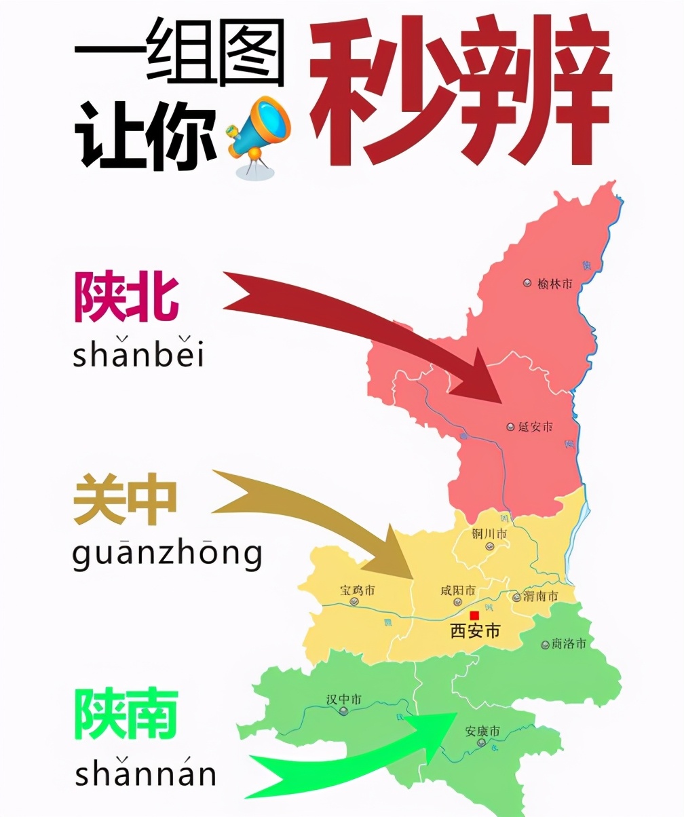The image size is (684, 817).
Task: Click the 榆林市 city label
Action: pyautogui.click(x=554, y=284)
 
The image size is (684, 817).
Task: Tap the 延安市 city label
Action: pyautogui.click(x=535, y=427)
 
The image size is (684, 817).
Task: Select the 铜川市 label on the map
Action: pyautogui.click(x=489, y=534)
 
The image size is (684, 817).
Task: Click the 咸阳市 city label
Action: pyautogui.click(x=457, y=590)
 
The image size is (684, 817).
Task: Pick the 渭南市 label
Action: pyautogui.click(x=540, y=596)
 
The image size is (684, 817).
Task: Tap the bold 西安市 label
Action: pyautogui.click(x=475, y=632)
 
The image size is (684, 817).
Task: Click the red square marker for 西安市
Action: pyautogui.click(x=474, y=615)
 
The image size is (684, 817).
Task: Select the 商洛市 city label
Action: pyautogui.click(x=568, y=643)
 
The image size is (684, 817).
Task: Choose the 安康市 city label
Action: pyautogui.click(x=482, y=731)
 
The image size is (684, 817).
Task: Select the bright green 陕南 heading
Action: pyautogui.click(x=126, y=715)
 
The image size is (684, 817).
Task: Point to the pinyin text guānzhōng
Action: pyautogui.click(x=167, y=555)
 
